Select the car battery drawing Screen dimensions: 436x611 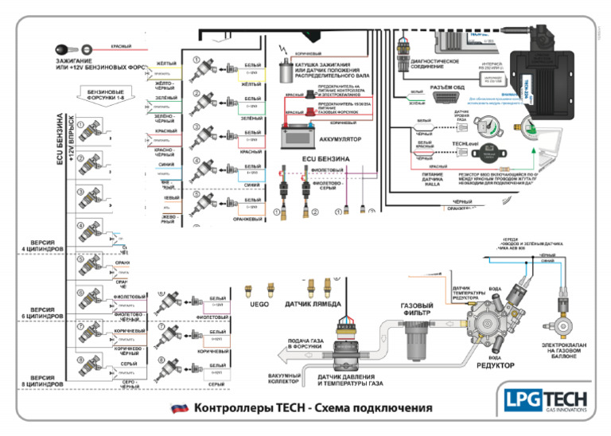[x=300, y=136]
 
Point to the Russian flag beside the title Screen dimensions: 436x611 [x=180, y=408]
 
